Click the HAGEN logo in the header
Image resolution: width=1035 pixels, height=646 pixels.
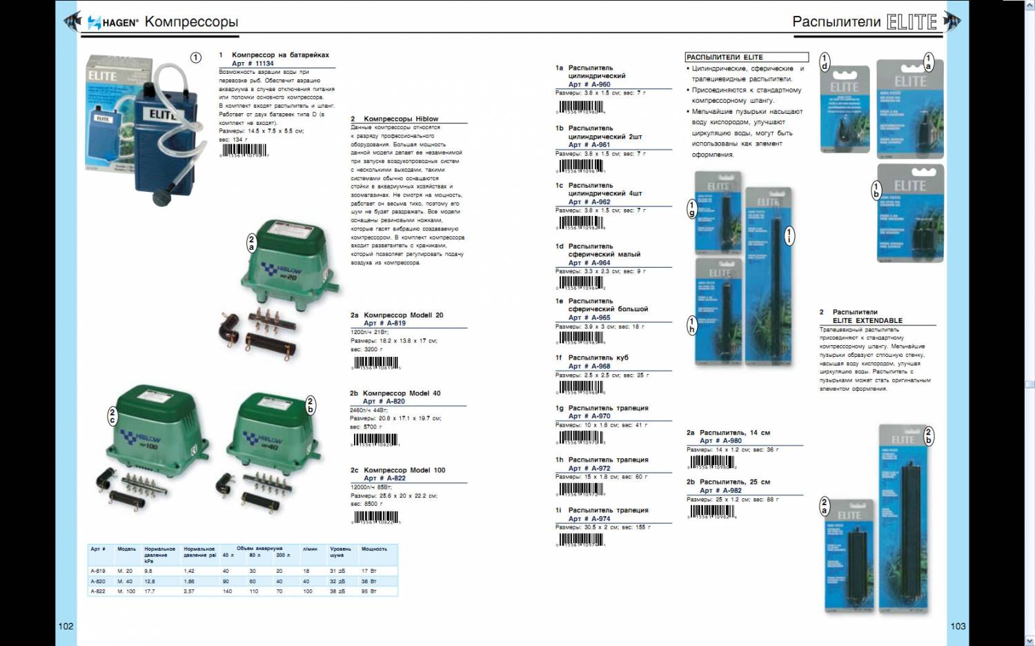click(x=113, y=22)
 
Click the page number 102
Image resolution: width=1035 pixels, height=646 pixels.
click(x=66, y=626)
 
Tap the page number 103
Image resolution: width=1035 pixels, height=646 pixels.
click(x=958, y=626)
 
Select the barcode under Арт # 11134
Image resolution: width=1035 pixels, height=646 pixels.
click(x=244, y=150)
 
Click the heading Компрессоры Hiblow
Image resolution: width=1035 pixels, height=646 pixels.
click(x=400, y=119)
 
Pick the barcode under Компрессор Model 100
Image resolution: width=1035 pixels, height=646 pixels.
click(x=376, y=517)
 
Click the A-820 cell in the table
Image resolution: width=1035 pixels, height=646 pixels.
click(x=98, y=581)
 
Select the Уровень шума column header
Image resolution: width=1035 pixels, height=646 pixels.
click(x=340, y=552)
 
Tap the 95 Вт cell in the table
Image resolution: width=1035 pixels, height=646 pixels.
click(x=369, y=591)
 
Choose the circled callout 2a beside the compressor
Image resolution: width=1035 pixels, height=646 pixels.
click(x=251, y=243)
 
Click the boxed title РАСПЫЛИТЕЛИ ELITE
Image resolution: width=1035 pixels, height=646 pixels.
click(x=724, y=57)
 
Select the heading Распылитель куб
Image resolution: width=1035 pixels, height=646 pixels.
click(x=598, y=358)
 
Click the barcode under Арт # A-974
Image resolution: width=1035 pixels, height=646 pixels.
click(x=580, y=540)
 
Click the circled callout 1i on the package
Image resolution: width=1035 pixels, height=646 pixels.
click(x=789, y=235)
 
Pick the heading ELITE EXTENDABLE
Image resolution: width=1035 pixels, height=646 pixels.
click(x=867, y=320)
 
